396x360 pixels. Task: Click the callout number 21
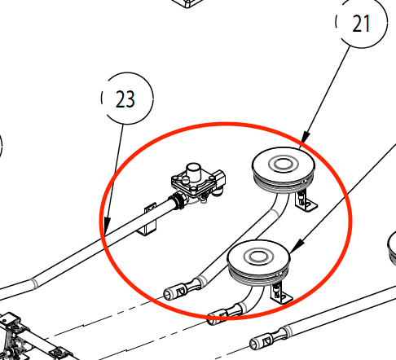pyautogui.click(x=361, y=24)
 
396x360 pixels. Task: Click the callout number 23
pyautogui.click(x=125, y=99)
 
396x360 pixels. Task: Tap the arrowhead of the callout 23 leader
pyautogui.click(x=107, y=225)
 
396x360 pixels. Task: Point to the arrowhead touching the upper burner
pyautogui.click(x=306, y=137)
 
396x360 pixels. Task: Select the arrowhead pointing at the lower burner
pyautogui.click(x=296, y=245)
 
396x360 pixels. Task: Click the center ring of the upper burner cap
pyautogui.click(x=283, y=164)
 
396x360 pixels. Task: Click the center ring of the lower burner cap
pyautogui.click(x=258, y=257)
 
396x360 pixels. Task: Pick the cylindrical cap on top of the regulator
pyautogui.click(x=193, y=170)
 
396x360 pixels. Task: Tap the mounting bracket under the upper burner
pyautogui.click(x=306, y=201)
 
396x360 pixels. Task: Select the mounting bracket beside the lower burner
pyautogui.click(x=281, y=294)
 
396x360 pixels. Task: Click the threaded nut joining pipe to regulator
pyautogui.click(x=178, y=201)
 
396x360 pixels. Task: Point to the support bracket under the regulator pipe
pyautogui.click(x=149, y=219)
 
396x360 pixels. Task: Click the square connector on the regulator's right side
pyautogui.click(x=220, y=178)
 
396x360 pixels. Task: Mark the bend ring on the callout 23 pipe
pyautogui.click(x=34, y=283)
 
